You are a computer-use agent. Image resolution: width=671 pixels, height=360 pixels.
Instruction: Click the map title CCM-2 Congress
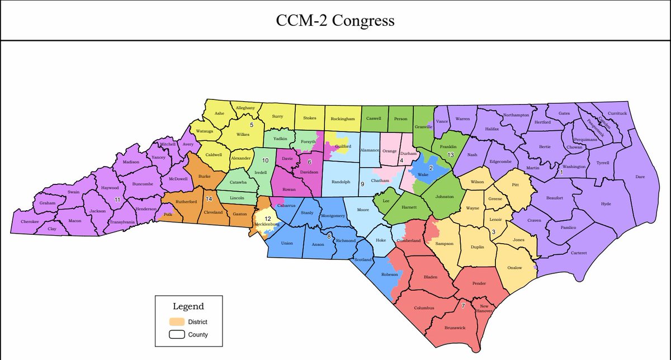tap(335, 21)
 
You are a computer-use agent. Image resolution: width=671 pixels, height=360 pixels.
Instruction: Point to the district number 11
tap(117, 199)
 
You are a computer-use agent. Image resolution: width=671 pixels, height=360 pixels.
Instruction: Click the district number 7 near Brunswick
tap(463, 306)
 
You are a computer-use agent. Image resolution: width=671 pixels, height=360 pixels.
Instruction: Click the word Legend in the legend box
tap(188, 306)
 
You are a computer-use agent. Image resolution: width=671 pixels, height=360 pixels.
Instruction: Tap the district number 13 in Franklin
tap(450, 154)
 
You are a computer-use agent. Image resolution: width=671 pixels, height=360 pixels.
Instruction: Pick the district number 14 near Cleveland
tap(209, 199)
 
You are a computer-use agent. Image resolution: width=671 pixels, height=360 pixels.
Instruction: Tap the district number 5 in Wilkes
tap(252, 125)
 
